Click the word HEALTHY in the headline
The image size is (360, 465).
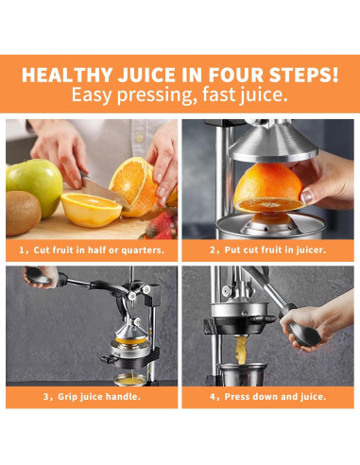(67, 75)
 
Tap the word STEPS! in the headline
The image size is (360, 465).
(303, 75)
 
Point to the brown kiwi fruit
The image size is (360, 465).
(23, 213)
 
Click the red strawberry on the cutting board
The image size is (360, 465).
(162, 226)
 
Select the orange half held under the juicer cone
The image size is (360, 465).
(268, 188)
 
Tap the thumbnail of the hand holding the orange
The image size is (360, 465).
(305, 198)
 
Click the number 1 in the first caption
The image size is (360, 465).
(22, 250)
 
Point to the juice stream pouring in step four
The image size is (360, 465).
(242, 350)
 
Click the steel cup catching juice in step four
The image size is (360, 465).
(243, 374)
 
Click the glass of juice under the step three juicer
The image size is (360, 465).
(130, 380)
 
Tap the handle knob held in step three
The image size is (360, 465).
(39, 277)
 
